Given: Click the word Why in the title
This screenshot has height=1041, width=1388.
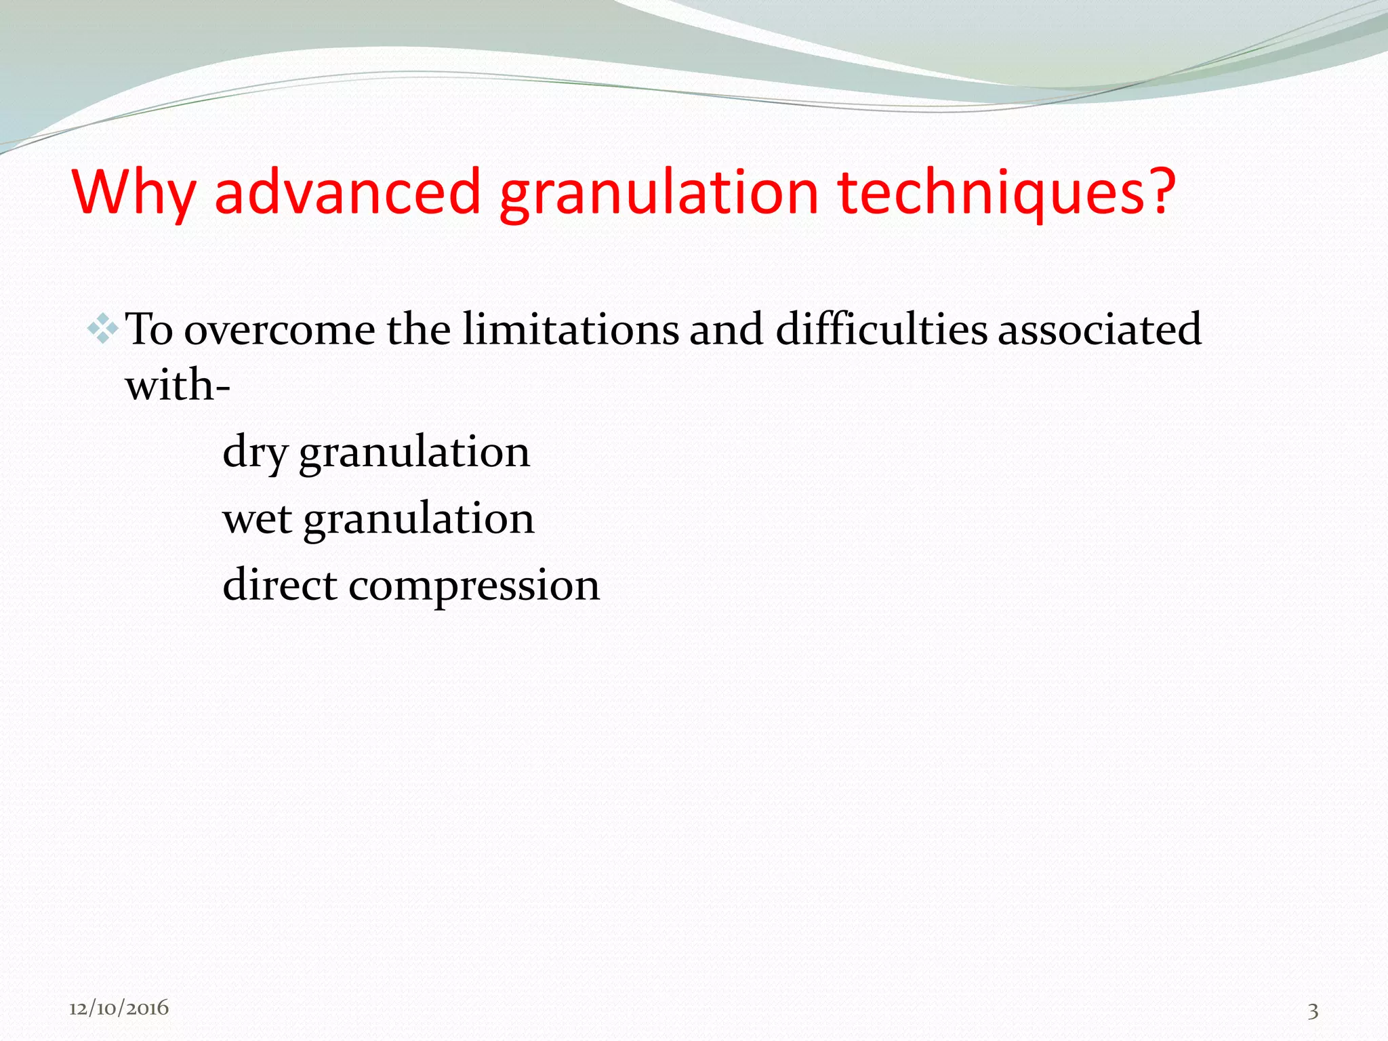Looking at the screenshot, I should pos(133,193).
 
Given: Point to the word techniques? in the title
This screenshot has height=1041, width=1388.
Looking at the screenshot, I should pos(1006,193).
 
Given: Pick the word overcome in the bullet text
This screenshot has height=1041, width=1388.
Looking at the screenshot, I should pos(279,330).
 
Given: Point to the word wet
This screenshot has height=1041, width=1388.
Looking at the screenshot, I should pos(257,519).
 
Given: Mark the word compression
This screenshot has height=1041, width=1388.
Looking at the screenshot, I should pos(474,586).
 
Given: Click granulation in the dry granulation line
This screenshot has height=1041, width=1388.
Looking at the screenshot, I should pos(414,453).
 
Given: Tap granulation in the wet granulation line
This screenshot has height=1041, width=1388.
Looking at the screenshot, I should pos(418,519).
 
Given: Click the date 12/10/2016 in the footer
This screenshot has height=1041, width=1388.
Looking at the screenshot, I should pos(119,1008).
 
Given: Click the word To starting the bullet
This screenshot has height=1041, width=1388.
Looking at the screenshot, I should pos(150,330).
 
